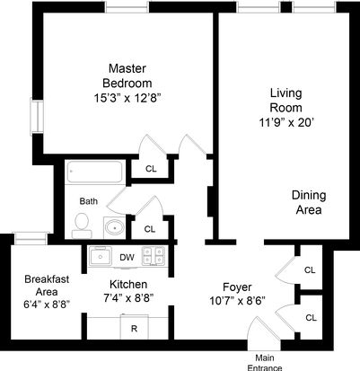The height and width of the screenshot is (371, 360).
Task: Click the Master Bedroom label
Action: [127, 75]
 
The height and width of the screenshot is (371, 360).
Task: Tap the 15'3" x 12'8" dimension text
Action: [127, 98]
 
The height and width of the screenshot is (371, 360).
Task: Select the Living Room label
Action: [286, 100]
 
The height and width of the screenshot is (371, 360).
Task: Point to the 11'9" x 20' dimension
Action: [286, 122]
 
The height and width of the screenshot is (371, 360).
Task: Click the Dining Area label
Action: [309, 202]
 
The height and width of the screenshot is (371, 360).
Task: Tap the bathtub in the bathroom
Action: [94, 172]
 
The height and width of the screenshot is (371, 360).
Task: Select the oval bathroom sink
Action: [114, 228]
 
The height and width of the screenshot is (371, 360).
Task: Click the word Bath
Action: [89, 201]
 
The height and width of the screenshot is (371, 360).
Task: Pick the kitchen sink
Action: [100, 256]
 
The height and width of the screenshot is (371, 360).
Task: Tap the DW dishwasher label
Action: [127, 257]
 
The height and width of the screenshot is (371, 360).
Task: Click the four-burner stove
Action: [154, 256]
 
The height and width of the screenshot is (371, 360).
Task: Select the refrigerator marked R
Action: [135, 327]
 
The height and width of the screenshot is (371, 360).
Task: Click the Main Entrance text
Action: [265, 363]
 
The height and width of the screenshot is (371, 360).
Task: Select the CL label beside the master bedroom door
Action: [151, 169]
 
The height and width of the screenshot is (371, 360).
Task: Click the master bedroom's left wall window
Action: [37, 117]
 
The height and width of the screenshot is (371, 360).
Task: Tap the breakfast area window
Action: [31, 238]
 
